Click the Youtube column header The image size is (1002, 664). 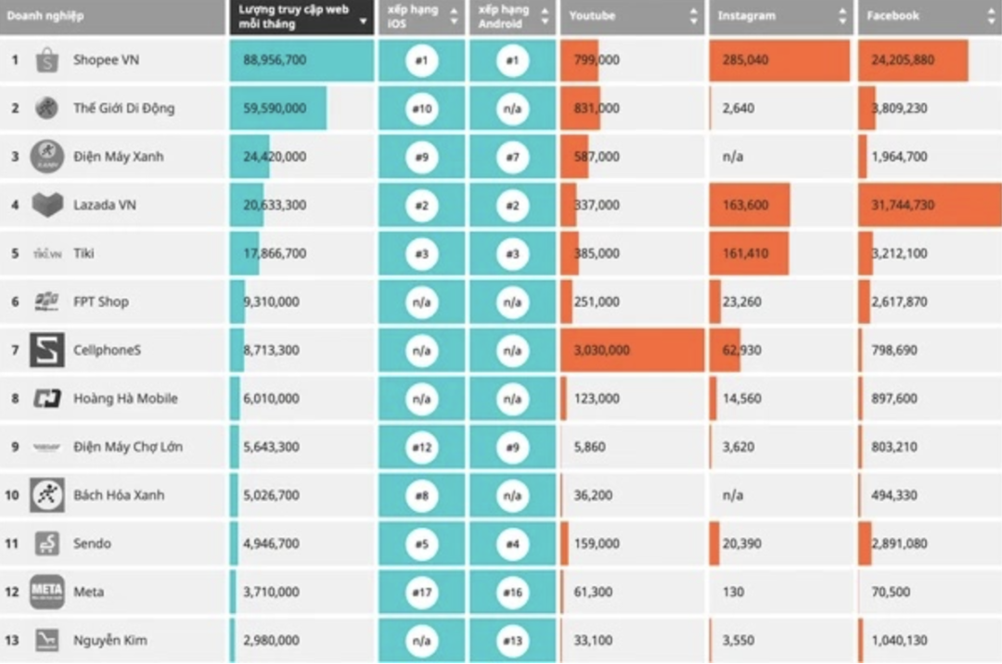click(592, 17)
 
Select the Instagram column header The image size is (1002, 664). click(746, 17)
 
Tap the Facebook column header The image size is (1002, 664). click(893, 17)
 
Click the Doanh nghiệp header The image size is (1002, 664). click(45, 17)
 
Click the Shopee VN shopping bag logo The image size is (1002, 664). click(47, 60)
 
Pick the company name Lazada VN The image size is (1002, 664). click(105, 205)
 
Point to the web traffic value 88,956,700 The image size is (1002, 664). click(275, 60)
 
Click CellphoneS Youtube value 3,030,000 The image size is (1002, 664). click(602, 351)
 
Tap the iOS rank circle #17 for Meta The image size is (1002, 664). click(421, 592)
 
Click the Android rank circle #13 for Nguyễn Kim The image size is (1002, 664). click(512, 640)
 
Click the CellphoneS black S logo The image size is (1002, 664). click(47, 351)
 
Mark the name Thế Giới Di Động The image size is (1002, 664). click(124, 109)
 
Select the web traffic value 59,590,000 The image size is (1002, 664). click(275, 109)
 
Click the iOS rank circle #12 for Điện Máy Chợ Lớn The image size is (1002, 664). click(421, 447)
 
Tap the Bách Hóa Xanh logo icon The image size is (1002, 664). click(47, 495)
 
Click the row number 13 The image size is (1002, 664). click(12, 640)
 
